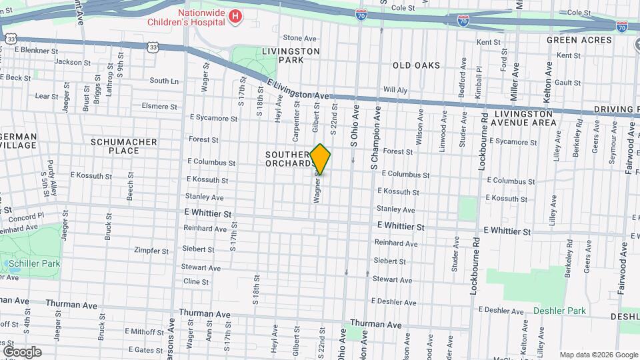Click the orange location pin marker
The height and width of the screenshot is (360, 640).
pos(320,159)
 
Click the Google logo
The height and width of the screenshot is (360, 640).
pos(22,352)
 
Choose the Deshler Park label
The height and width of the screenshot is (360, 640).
pos(559,311)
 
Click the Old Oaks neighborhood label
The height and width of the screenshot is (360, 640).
pos(416,65)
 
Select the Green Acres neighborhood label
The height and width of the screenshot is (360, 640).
pos(579,40)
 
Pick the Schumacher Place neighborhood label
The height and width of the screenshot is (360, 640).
pos(124,146)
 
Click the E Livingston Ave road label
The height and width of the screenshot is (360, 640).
pos(299,89)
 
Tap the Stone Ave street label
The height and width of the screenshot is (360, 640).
pos(299,39)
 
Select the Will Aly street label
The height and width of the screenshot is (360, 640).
pos(395,90)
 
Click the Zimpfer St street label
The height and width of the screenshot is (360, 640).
pos(151,251)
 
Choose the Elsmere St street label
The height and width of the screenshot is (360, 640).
pos(159,106)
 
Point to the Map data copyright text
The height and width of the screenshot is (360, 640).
pos(598,355)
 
